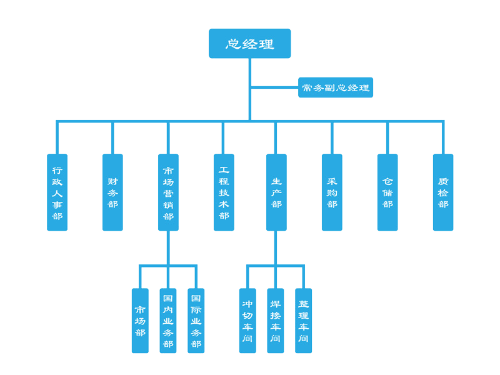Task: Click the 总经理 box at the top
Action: tap(249, 44)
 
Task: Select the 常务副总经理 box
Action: tap(335, 88)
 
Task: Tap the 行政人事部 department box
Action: tap(57, 192)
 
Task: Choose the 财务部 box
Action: tap(112, 192)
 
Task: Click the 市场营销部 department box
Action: tap(168, 192)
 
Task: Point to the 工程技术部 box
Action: tap(224, 192)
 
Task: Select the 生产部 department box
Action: tap(276, 192)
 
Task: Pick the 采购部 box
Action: tap(332, 192)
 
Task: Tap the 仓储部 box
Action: tap(387, 192)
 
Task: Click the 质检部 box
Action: tap(443, 192)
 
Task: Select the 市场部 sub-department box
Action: tap(140, 321)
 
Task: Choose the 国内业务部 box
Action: tap(168, 321)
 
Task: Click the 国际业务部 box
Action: tap(196, 321)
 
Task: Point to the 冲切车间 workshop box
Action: tap(247, 321)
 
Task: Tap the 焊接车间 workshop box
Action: tap(276, 321)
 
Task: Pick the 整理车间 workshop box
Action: tap(304, 321)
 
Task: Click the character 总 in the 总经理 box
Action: tap(233, 44)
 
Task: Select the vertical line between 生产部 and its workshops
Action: tap(276, 247)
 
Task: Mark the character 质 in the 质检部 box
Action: tap(443, 181)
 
